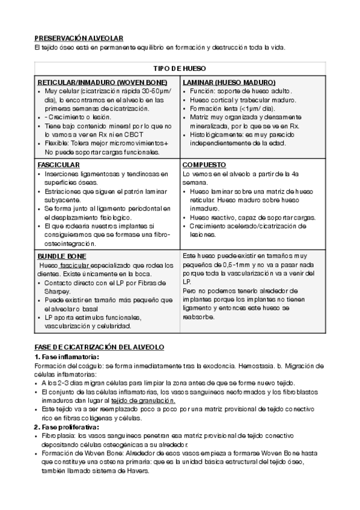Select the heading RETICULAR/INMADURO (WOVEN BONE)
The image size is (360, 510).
pyautogui.click(x=102, y=82)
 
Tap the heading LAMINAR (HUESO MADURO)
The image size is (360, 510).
pyautogui.click(x=229, y=82)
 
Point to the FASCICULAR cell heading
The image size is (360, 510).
pyautogui.click(x=58, y=164)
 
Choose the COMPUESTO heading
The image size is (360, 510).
pyautogui.click(x=204, y=164)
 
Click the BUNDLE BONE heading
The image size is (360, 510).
pyautogui.click(x=61, y=256)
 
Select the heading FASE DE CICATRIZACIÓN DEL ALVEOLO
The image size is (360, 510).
pyautogui.click(x=99, y=348)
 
